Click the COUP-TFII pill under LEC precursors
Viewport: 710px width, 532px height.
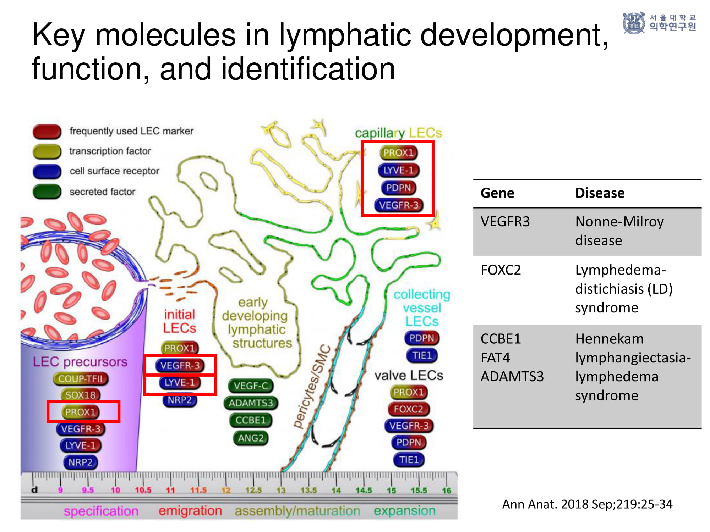(81, 378)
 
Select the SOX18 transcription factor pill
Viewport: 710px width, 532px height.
(81, 395)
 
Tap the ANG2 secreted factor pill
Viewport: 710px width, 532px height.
(251, 438)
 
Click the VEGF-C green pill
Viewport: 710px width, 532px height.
(251, 386)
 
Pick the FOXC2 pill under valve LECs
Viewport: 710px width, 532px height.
(409, 409)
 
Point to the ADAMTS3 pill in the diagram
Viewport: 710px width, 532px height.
(251, 403)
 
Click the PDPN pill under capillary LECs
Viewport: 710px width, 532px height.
(398, 188)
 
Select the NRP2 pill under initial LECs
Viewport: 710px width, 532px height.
(180, 400)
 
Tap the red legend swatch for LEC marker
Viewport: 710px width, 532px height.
(47, 131)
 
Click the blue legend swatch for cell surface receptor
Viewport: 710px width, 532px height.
(47, 171)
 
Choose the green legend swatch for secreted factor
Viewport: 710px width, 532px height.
(47, 192)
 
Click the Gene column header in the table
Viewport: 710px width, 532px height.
(497, 193)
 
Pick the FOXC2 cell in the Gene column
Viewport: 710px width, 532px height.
(501, 270)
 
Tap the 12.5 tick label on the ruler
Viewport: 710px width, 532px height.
(253, 490)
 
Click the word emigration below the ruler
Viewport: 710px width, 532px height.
(190, 511)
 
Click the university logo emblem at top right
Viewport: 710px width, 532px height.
(634, 23)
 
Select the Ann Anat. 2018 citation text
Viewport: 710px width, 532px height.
(587, 504)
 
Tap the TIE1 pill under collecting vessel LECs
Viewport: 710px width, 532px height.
(421, 355)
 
